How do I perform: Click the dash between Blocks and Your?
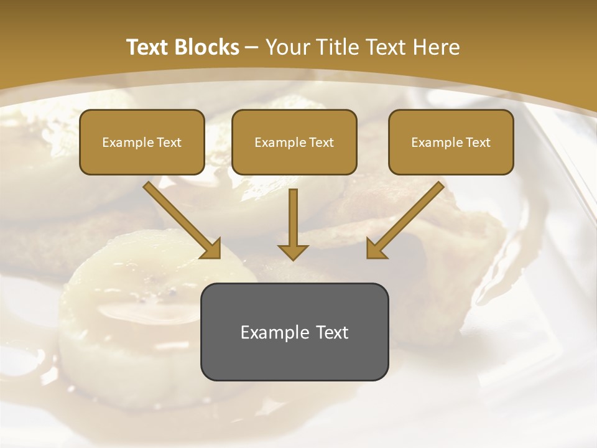coord(252,48)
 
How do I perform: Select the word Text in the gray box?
coord(332,332)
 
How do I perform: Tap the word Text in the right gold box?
coord(479,142)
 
